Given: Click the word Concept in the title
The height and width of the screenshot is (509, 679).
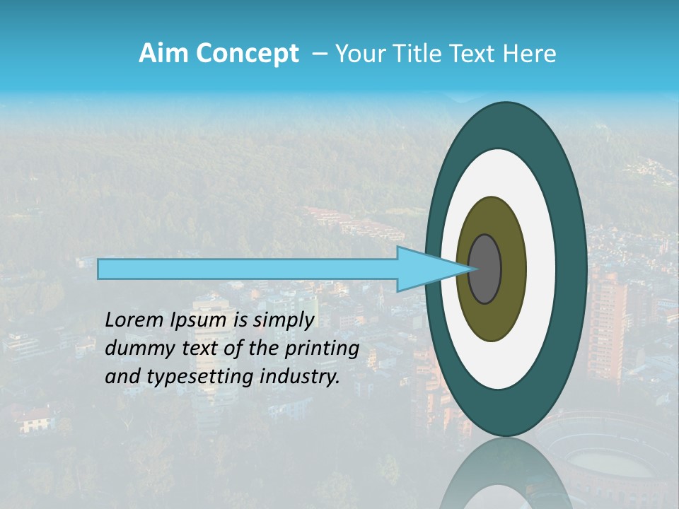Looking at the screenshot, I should [248, 54].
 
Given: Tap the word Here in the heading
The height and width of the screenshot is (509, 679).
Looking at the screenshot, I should [530, 54].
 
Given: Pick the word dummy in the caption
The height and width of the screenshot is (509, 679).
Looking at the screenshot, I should [135, 348].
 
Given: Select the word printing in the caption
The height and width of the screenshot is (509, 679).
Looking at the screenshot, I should [323, 348].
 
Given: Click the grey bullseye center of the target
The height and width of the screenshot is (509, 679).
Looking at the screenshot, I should [485, 269].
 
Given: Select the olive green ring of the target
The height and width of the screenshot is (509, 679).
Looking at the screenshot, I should [513, 269].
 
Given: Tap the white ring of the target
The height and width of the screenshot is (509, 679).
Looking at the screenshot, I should [541, 269].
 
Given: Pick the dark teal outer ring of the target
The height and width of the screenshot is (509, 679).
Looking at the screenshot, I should [571, 269].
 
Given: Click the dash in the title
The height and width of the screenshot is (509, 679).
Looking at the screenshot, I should [319, 54].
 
